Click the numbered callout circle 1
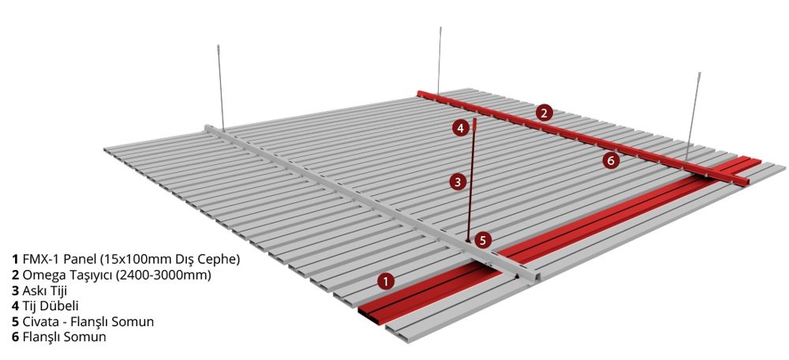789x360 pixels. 386,282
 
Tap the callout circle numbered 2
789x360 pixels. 544,113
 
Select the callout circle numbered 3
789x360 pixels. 458,182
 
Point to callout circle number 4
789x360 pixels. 460,128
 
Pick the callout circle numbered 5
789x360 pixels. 483,240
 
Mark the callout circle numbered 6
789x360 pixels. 611,160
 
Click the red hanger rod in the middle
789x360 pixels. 472,182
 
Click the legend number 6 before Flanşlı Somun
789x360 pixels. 15,337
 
